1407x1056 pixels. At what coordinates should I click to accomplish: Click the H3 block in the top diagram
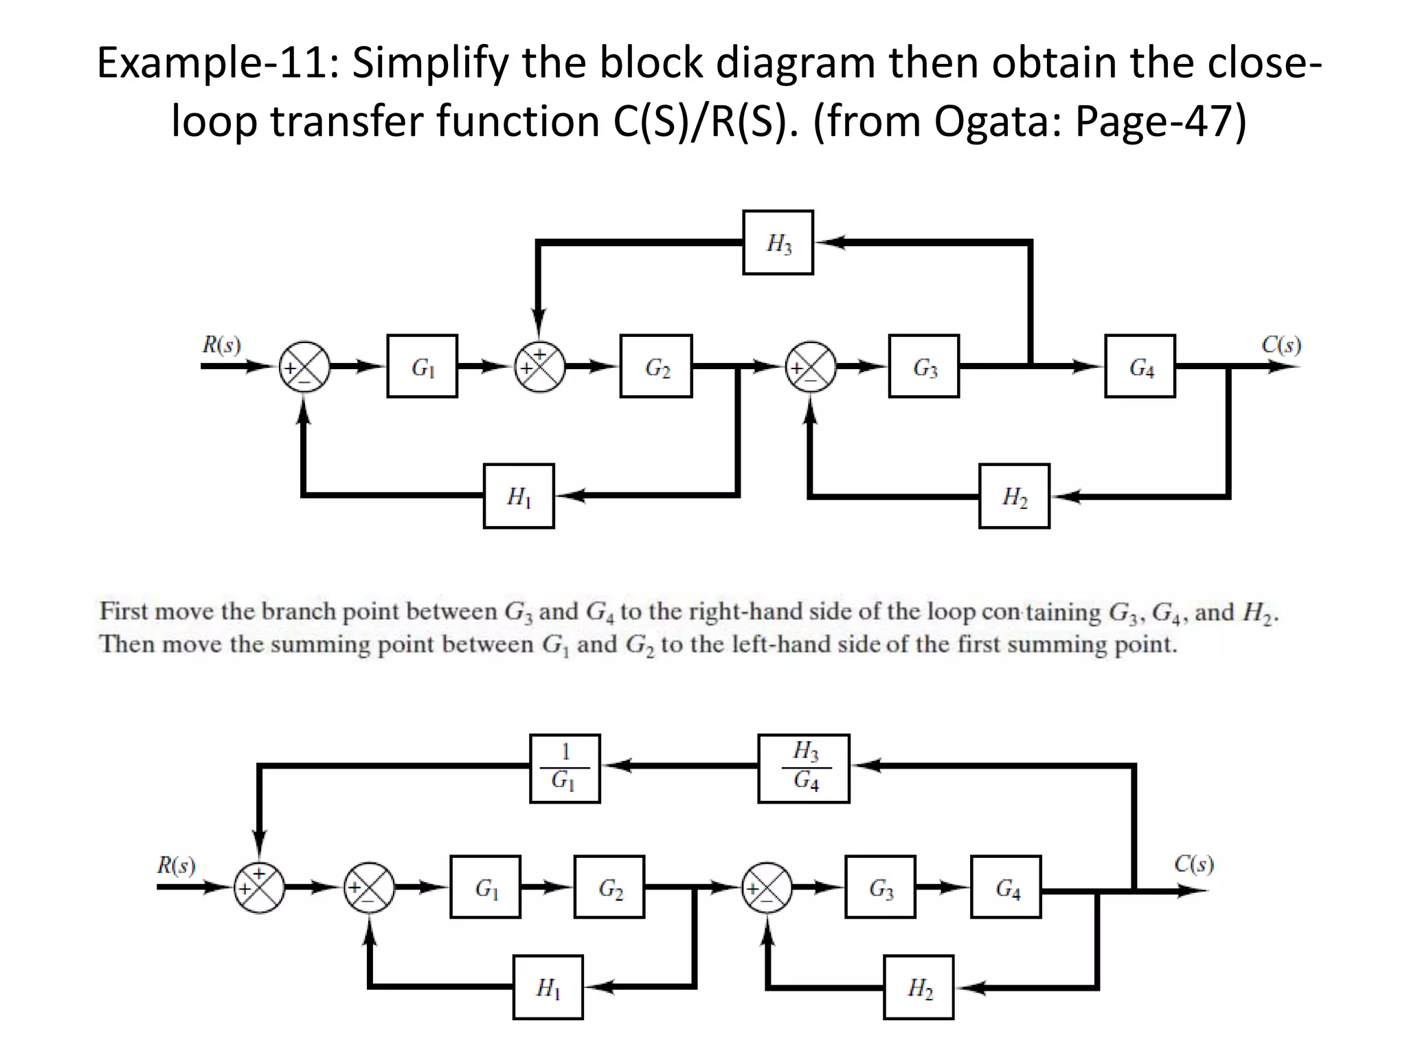point(778,243)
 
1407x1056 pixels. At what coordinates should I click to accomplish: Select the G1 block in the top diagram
point(422,366)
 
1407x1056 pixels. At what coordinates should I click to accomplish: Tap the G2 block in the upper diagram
point(655,366)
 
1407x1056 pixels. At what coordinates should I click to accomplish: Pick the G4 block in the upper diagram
point(1140,366)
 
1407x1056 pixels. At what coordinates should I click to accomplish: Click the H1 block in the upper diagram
point(519,496)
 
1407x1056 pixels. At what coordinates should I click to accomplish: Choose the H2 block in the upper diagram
point(1014,496)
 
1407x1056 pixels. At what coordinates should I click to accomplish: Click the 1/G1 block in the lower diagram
point(565,768)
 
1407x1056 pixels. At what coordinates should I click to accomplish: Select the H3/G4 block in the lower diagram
point(804,768)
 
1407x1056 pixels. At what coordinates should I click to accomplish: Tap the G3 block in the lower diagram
point(880,887)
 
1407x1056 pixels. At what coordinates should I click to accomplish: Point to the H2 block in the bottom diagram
point(919,987)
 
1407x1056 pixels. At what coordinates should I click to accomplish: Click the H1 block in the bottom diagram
point(548,987)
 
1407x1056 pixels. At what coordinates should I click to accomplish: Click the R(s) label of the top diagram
point(221,344)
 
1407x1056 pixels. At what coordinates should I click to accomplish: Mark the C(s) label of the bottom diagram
point(1194,863)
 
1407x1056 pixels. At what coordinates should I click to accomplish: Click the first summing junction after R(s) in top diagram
point(304,366)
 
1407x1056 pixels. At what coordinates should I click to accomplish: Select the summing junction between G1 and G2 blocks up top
point(540,366)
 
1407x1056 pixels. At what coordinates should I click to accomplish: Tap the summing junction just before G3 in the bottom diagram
point(767,888)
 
